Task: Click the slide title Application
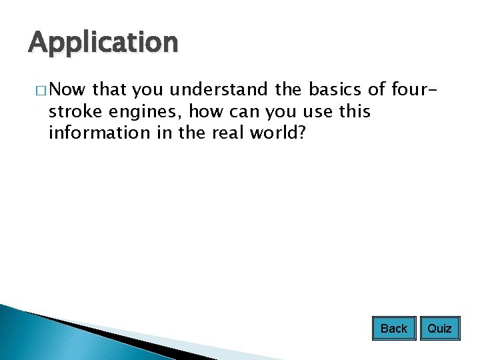click(x=103, y=43)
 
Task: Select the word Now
click(x=64, y=89)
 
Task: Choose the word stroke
click(x=72, y=111)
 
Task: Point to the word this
click(x=355, y=111)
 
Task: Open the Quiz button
click(x=439, y=328)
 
